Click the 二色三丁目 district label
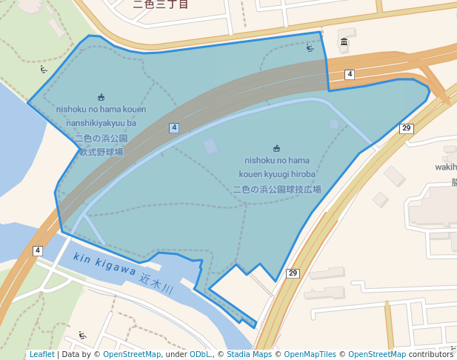coord(161,4)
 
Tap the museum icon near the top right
coord(344,41)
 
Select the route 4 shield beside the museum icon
coord(350,74)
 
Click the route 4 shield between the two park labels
coord(174,128)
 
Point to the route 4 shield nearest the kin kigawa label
coord(37,250)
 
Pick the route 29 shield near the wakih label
coord(406,129)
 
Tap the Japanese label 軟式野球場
coord(101,152)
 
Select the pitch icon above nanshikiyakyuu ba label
coord(101,97)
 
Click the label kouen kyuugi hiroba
coord(277,174)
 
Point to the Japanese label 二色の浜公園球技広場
coord(277,190)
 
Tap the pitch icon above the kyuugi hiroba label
coord(276,147)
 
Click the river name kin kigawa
coord(104,266)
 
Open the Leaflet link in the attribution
coord(41,355)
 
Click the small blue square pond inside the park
coord(211,146)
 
